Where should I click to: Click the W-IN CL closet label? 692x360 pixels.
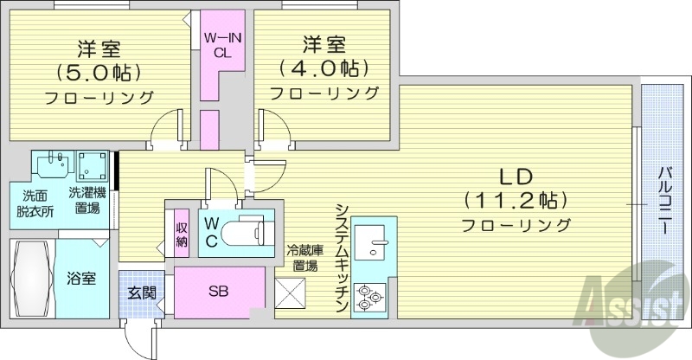click(223, 44)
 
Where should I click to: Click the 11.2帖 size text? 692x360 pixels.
click(516, 201)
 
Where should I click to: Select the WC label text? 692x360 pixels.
click(210, 232)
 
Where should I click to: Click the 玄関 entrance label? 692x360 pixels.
click(142, 292)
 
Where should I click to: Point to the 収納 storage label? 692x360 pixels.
click(182, 233)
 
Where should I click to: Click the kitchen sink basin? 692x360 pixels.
click(375, 244)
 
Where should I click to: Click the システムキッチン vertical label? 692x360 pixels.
click(342, 257)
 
